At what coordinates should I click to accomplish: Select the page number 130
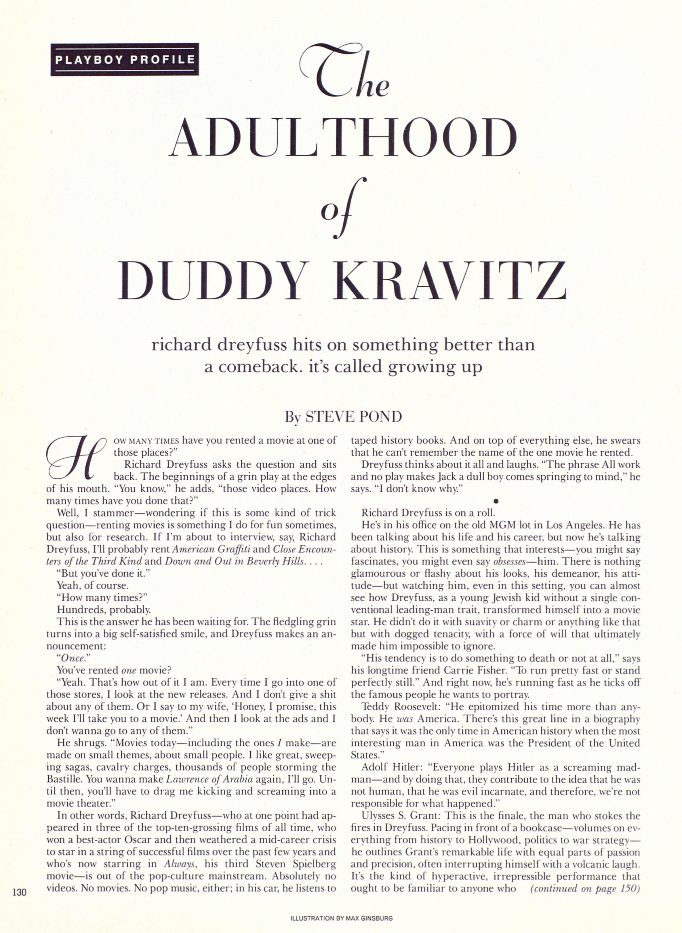[19, 892]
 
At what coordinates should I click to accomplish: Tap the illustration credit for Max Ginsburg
[341, 919]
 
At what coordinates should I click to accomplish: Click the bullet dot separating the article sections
[495, 501]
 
